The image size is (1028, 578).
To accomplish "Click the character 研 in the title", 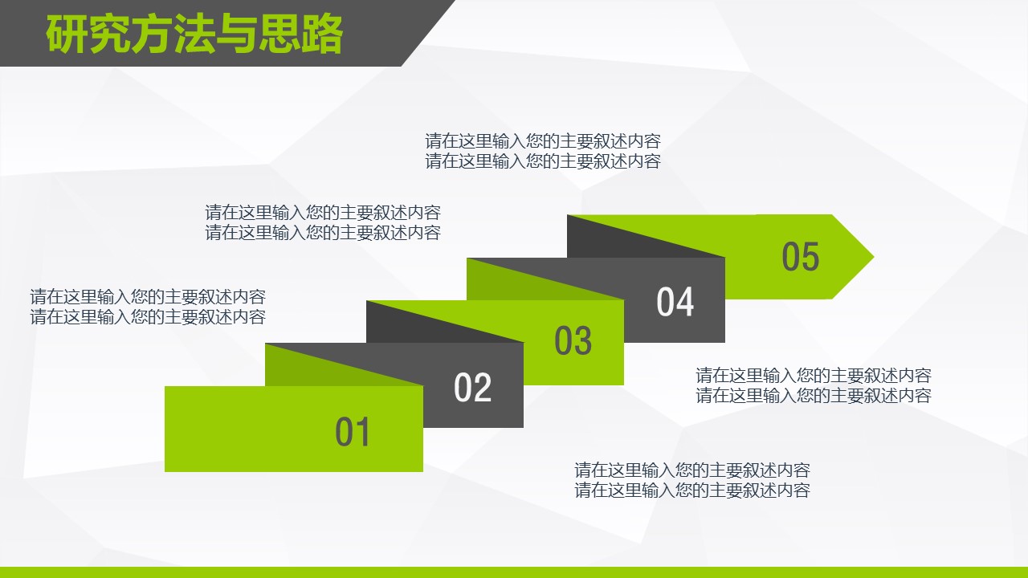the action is (67, 34).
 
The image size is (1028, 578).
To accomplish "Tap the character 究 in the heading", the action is (110, 34).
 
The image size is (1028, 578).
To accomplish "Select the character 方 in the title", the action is (153, 34).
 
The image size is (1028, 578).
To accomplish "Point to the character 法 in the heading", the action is (194, 34).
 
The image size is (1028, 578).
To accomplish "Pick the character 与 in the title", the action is (237, 34).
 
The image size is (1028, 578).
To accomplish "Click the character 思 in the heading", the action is (279, 34).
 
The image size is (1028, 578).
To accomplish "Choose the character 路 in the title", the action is (322, 34).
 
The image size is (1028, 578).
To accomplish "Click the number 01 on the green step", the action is (353, 432).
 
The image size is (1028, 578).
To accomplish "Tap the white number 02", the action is (472, 388).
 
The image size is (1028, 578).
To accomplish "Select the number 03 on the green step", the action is (573, 340).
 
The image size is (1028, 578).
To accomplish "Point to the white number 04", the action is (675, 301).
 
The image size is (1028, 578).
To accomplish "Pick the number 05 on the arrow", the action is (801, 256).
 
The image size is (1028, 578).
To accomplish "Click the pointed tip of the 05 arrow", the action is (873, 257).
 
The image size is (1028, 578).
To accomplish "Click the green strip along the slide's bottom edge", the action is (514, 572).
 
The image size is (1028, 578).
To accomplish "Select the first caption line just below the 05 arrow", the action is (814, 375).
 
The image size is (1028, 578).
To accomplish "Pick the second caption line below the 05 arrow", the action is (814, 396).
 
